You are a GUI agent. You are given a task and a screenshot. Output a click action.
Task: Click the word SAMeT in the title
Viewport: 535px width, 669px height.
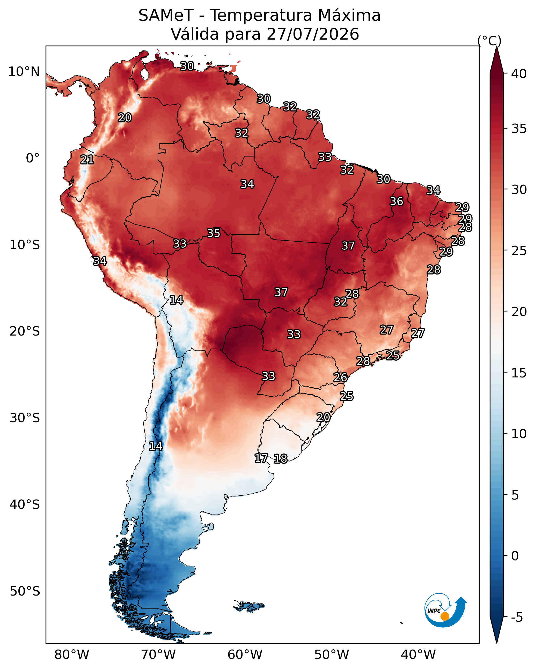coord(166,16)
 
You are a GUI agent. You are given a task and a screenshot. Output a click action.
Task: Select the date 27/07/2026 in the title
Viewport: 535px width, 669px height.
coord(313,34)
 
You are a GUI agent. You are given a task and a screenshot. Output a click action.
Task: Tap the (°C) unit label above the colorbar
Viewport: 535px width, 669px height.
coord(489,41)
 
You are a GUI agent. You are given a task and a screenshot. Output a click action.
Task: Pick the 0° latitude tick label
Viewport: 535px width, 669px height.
coord(33,158)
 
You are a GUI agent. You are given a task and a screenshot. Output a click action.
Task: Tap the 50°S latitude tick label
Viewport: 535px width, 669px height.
coord(25,591)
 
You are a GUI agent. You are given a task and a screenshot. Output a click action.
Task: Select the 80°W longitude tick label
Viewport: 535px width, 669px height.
coord(72,655)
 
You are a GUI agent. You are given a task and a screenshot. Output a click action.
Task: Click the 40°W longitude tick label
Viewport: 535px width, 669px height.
coord(418,655)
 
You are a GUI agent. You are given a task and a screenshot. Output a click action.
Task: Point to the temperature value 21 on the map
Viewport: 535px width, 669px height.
coord(87,160)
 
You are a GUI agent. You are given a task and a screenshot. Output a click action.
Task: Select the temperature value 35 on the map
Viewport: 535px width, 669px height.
coord(214,233)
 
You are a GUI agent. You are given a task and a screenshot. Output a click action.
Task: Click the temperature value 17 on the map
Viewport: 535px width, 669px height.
coord(261,458)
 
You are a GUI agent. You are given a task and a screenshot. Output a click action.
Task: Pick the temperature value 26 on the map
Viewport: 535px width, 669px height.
coord(340,378)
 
